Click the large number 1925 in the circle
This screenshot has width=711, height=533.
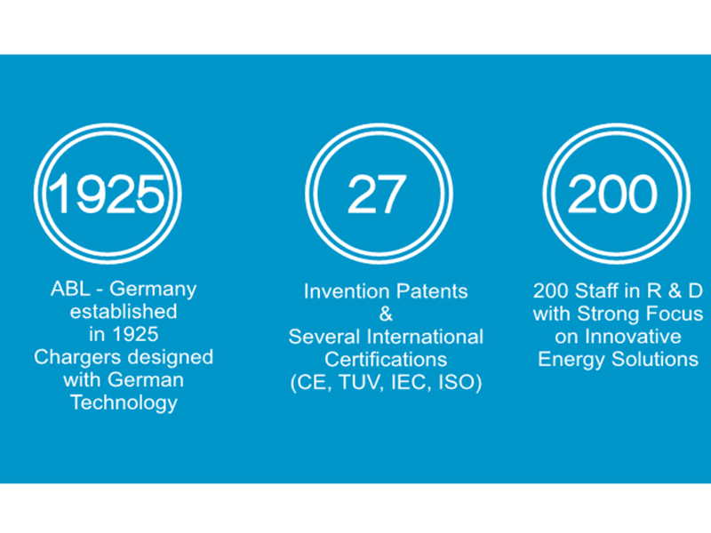[107, 194]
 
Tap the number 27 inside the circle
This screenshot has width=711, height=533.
[376, 195]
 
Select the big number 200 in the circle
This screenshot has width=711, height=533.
[612, 194]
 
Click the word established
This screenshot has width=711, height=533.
[124, 312]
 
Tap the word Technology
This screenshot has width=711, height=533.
[124, 403]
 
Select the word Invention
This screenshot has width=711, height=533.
[346, 291]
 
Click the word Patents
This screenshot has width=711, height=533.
[431, 291]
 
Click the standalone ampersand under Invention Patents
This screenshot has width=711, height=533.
[386, 314]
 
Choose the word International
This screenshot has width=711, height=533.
[426, 338]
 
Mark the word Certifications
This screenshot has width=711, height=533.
[386, 360]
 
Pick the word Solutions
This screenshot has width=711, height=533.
[655, 360]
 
